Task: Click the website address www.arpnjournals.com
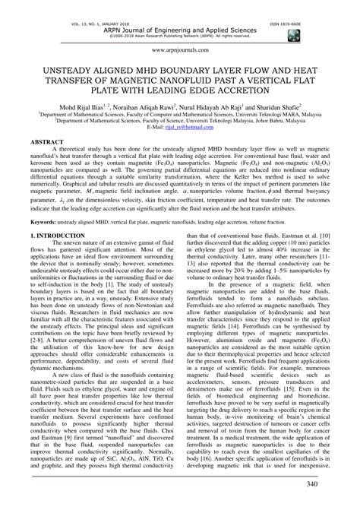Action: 180,48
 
